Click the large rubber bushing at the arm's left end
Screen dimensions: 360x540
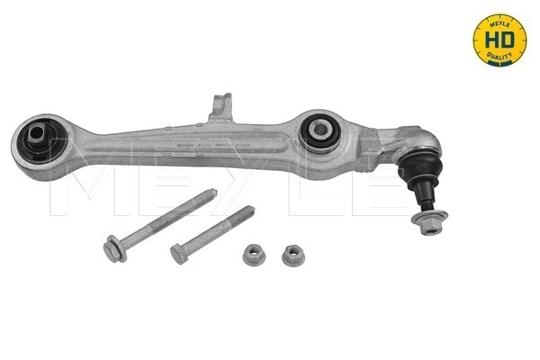coord(39,139)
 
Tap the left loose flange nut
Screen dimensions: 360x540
coord(253,255)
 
